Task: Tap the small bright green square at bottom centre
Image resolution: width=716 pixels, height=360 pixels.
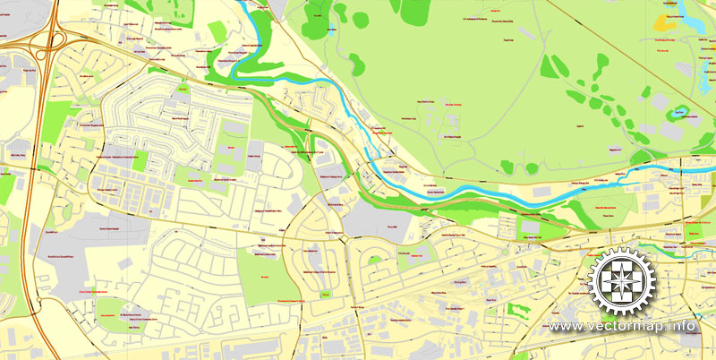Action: tap(327, 294)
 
